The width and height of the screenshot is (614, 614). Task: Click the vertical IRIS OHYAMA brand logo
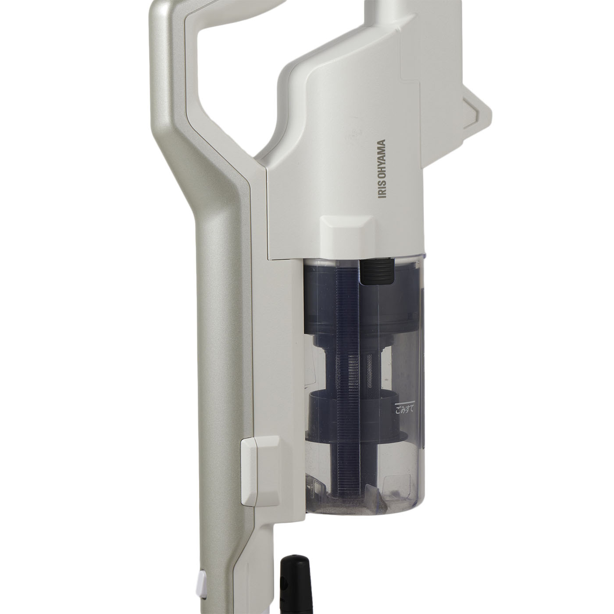coord(382,168)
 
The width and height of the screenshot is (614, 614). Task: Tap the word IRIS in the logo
coord(382,190)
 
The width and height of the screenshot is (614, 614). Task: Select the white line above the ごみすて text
coord(405,402)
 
